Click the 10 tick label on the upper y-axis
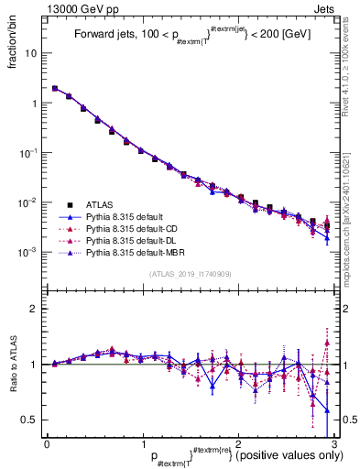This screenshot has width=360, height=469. click(x=33, y=53)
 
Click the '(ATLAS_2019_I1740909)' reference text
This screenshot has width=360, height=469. click(x=190, y=274)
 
